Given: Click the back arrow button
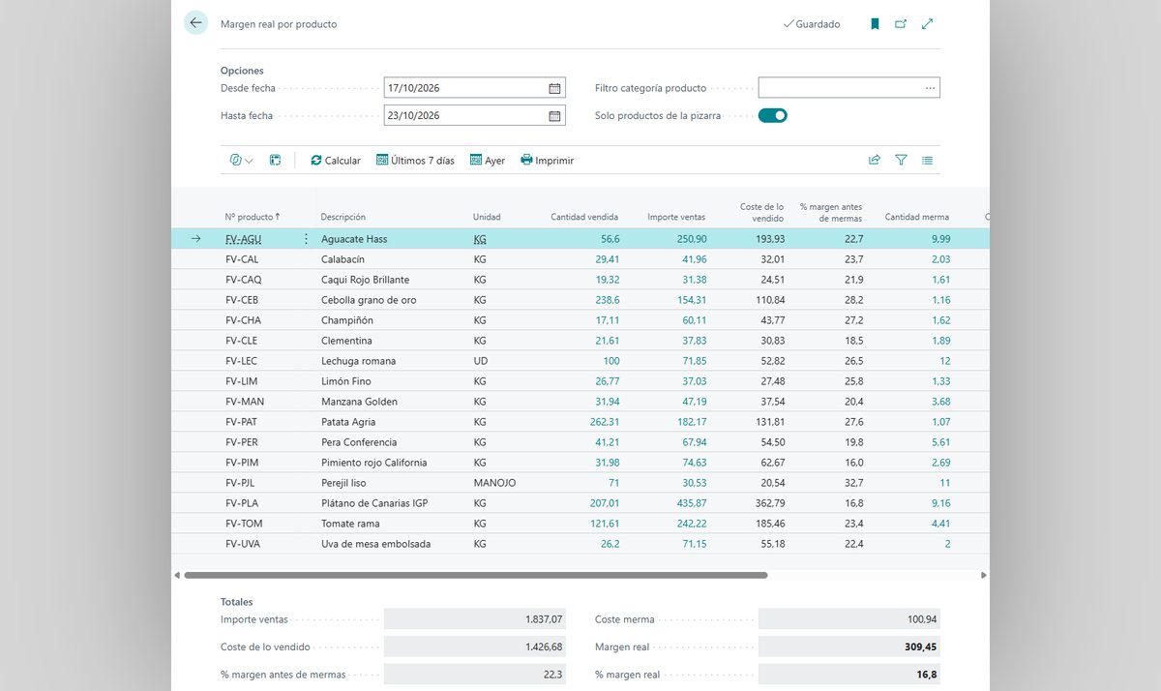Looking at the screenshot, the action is coord(195,23).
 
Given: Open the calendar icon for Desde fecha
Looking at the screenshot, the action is coord(554,88).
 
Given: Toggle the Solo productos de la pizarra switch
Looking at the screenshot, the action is coord(772,115).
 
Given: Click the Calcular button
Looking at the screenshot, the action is coord(336,161).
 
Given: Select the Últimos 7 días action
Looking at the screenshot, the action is coord(415,161).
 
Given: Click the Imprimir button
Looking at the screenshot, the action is coord(548,161).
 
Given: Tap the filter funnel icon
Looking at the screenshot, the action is coord(901,161).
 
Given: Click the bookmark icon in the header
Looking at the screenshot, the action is coord(875,24).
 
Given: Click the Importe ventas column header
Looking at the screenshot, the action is coord(676,217).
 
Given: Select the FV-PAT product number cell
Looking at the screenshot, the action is coord(241,422).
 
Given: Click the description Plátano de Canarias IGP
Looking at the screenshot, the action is coord(374,503).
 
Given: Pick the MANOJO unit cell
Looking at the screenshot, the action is coord(494,483).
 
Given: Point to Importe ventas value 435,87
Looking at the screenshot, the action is coord(692,503).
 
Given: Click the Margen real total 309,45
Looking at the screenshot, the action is coord(920,646).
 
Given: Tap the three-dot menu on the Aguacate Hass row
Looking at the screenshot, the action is coord(306,239).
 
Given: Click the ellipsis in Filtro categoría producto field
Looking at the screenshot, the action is coord(930,88).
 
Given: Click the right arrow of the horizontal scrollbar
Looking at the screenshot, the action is coord(983,576).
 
